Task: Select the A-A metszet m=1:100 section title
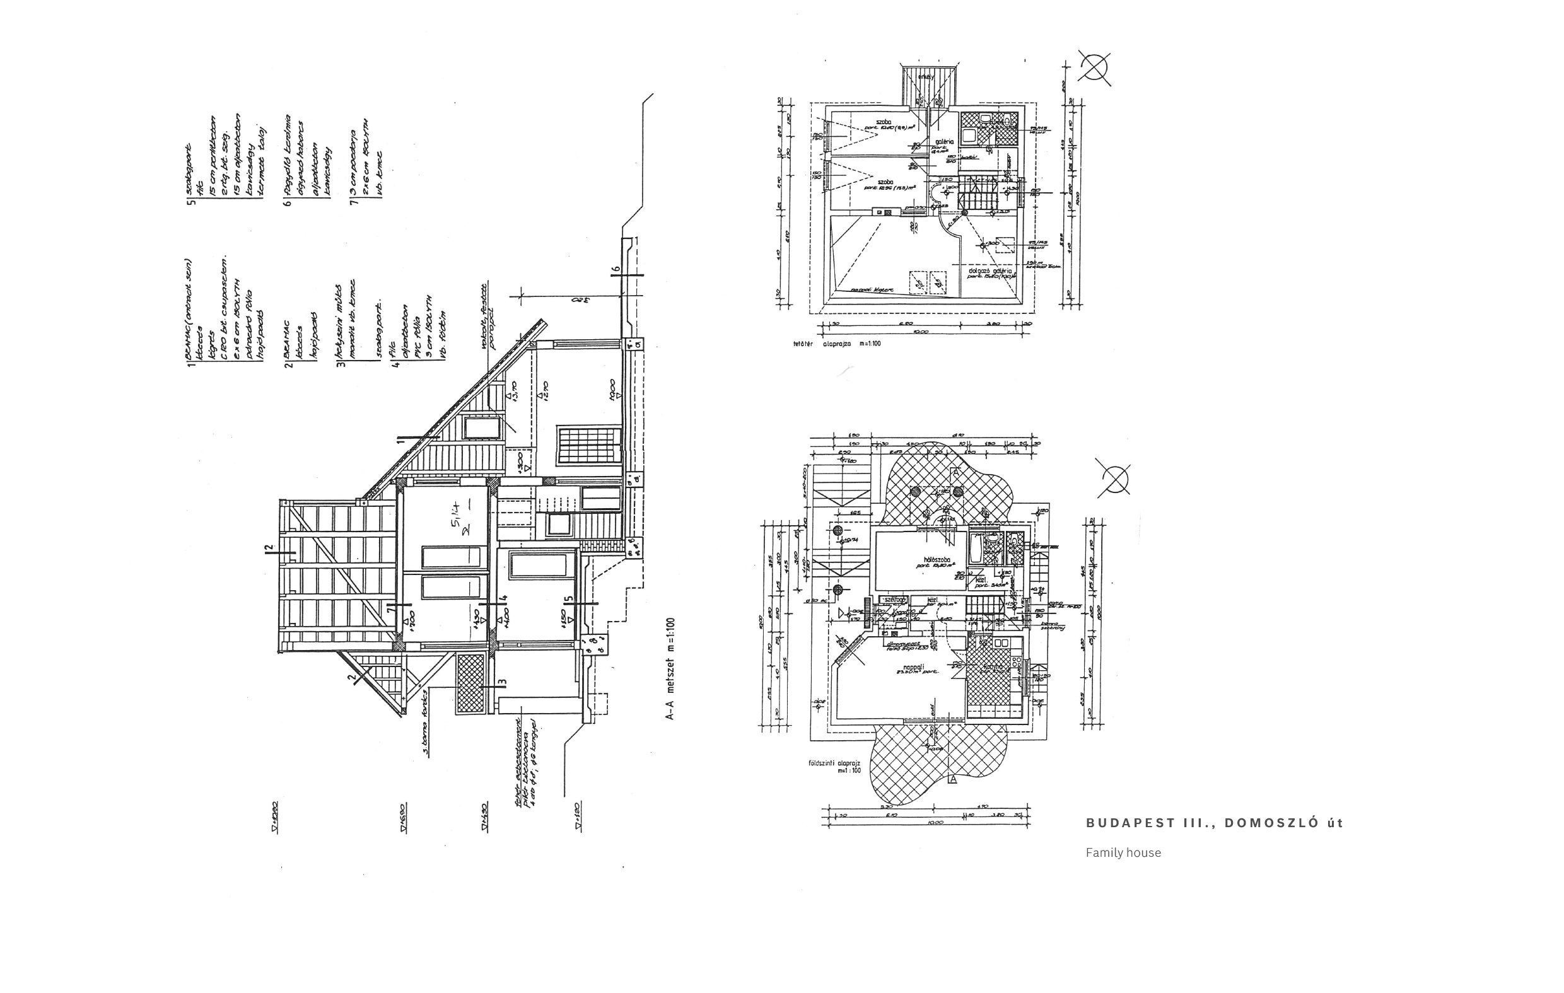pyautogui.click(x=670, y=668)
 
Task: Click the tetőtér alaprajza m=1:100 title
pyautogui.click(x=837, y=344)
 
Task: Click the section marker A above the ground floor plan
pyautogui.click(x=955, y=473)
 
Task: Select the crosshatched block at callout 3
pyautogui.click(x=471, y=683)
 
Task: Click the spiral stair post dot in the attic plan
pyautogui.click(x=964, y=212)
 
